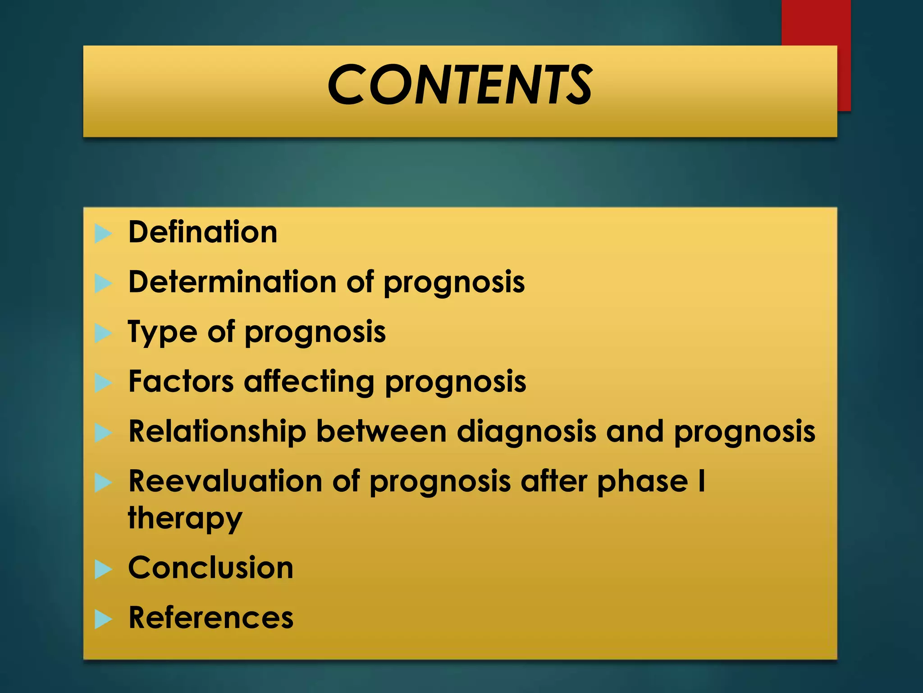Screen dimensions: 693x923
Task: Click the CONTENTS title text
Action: (460, 85)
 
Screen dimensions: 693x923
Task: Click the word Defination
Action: (203, 232)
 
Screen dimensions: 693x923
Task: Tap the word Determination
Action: (233, 282)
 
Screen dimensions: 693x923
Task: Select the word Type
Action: (163, 333)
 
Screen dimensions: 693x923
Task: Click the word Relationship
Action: (217, 432)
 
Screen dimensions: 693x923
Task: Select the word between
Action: (382, 432)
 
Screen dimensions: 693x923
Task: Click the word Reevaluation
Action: (225, 481)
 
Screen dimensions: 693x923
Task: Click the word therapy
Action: (185, 519)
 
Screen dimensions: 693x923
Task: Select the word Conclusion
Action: (211, 568)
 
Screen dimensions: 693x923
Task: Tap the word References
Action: (211, 618)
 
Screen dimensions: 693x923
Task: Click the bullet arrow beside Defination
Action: (103, 234)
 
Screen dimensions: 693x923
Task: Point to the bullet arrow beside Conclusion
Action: (103, 569)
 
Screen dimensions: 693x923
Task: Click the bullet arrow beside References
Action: (103, 619)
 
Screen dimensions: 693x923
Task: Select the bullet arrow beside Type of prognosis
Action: (103, 334)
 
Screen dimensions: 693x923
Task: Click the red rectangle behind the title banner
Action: (816, 23)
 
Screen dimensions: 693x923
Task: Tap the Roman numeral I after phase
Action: (701, 481)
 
